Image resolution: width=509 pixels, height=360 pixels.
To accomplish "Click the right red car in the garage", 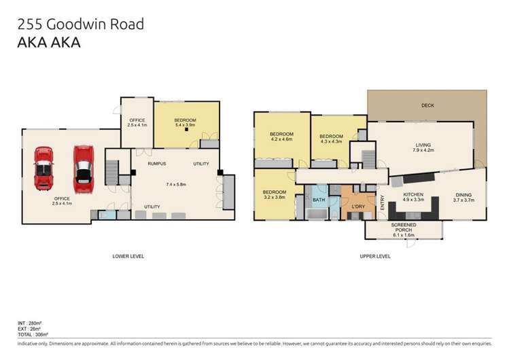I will tap(83, 164).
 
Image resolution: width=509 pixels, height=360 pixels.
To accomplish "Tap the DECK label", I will tap(427, 105).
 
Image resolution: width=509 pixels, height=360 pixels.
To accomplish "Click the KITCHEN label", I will tap(413, 195).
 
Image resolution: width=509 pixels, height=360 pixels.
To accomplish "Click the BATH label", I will tap(319, 200).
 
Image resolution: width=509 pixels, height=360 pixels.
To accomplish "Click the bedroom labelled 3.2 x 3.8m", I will tap(275, 195).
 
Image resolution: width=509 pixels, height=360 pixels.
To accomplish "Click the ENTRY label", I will tap(383, 203).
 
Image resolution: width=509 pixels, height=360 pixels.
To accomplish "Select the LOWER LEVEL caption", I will tap(128, 256).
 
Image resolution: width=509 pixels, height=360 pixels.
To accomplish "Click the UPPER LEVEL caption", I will tap(374, 256).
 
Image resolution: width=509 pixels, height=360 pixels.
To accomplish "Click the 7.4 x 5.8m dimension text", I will tap(175, 184).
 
